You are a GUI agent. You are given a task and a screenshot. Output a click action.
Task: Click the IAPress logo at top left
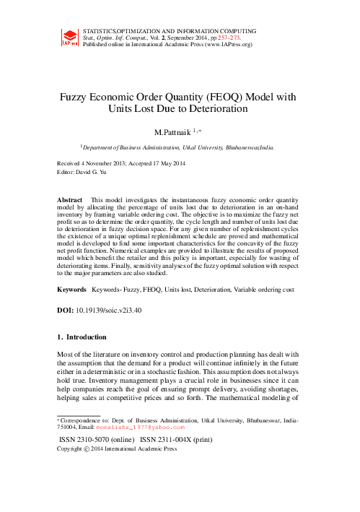tap(70, 37)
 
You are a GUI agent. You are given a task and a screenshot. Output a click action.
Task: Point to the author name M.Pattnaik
tap(175, 132)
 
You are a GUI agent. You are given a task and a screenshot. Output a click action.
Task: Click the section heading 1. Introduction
tap(82, 337)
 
